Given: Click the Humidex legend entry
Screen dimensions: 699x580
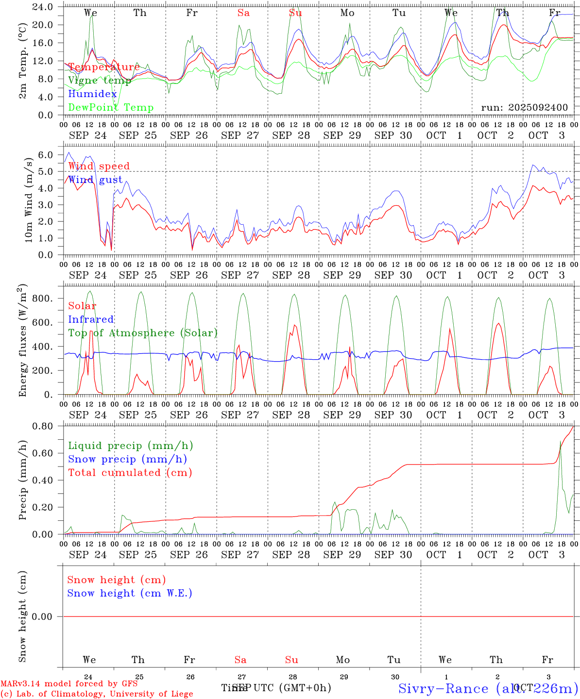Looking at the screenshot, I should [92, 94].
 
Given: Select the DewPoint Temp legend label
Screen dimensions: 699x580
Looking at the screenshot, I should [111, 108].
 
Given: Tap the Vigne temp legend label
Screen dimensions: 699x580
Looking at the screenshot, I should [100, 81].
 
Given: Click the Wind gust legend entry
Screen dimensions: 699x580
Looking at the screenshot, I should [95, 180].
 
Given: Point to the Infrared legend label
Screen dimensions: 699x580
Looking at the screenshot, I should [91, 319].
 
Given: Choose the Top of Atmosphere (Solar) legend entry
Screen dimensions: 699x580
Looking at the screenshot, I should [142, 333].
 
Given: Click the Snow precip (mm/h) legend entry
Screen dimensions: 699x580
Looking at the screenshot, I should [127, 459].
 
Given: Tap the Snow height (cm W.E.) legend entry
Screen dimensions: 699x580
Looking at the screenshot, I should [130, 593].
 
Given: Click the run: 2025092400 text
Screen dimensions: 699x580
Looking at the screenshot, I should [524, 108].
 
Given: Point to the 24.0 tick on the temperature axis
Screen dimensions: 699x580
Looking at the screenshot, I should [43, 7].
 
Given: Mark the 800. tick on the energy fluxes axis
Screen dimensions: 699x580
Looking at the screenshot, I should [42, 298].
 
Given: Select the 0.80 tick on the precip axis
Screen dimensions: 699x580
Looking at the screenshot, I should [43, 426].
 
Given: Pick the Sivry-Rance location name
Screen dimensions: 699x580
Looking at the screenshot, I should [443, 688].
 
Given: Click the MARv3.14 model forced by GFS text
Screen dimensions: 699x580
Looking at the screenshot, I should [69, 683].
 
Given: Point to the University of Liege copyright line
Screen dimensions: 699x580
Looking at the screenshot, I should [97, 694].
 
